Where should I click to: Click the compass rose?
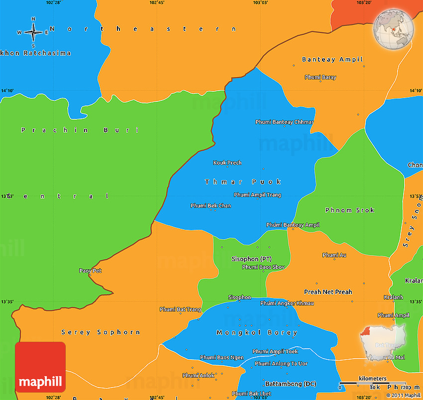coord(33,32)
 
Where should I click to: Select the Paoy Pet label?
coord(90,271)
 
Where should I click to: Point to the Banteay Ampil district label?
coord(332,60)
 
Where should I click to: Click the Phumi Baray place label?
coord(320,77)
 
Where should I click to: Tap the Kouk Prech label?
coord(227,163)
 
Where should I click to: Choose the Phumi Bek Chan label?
coord(211,205)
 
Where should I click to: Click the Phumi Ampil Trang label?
coord(257,195)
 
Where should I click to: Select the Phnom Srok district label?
coord(349,210)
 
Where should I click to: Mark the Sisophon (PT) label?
coord(251,259)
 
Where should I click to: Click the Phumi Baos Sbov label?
coord(263,267)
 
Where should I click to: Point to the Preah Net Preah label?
coord(328,292)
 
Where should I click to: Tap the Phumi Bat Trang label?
coord(180,309)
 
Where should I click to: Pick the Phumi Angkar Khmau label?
coord(287,303)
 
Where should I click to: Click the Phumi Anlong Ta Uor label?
coord(281,364)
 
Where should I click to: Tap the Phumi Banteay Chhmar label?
coord(284,122)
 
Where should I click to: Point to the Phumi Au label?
coord(334,255)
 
